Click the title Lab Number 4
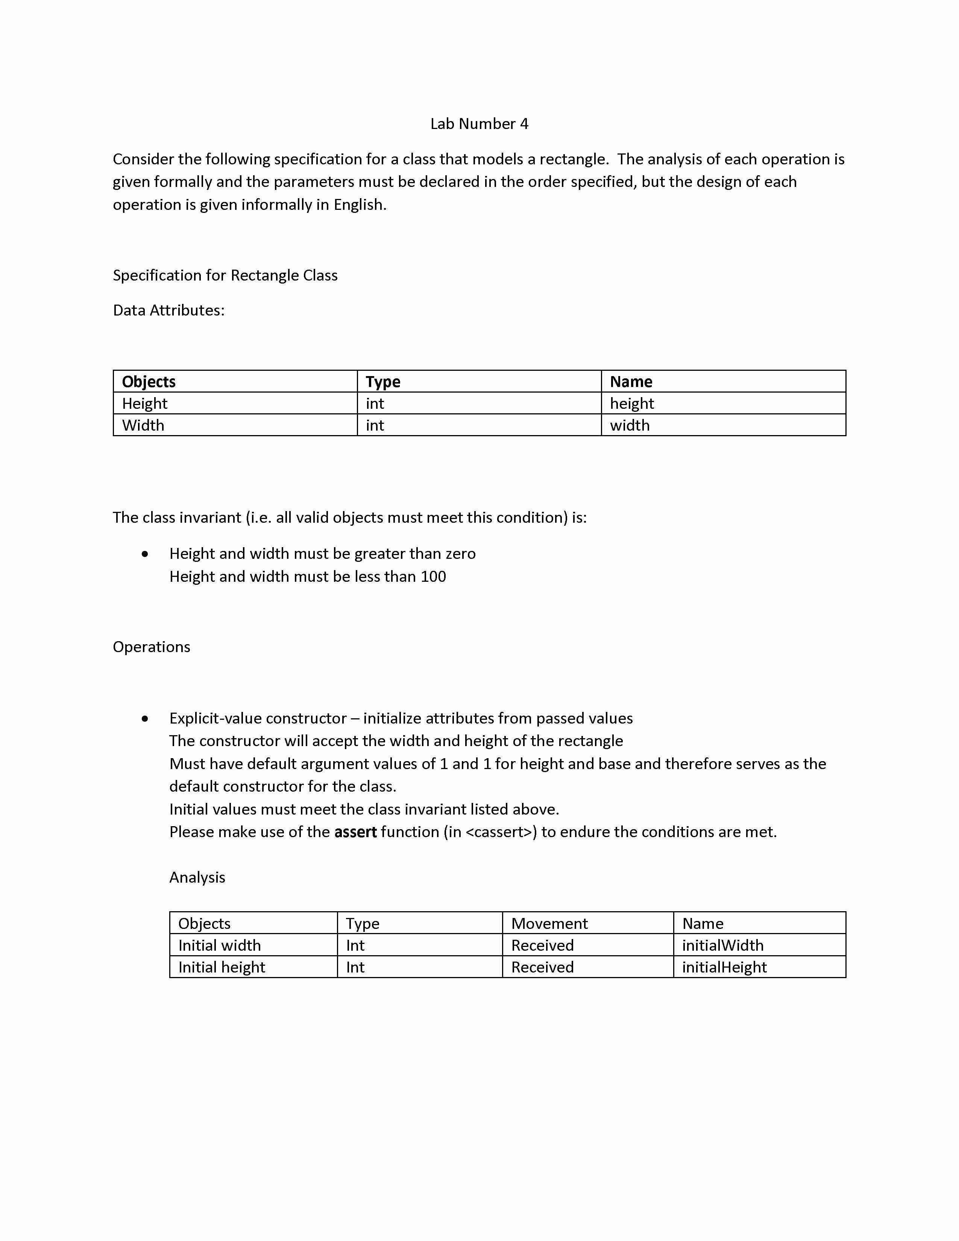tap(479, 124)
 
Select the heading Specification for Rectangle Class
tap(225, 276)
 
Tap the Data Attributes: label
tap(169, 310)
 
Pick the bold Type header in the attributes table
tap(383, 382)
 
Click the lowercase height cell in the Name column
tap(632, 404)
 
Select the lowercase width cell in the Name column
tap(630, 426)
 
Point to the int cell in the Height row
tap(375, 404)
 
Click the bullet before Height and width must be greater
tap(146, 554)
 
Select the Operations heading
tap(151, 647)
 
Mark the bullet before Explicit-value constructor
tap(146, 719)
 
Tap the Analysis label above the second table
tap(197, 878)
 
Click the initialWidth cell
tap(723, 945)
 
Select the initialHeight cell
tap(724, 968)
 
